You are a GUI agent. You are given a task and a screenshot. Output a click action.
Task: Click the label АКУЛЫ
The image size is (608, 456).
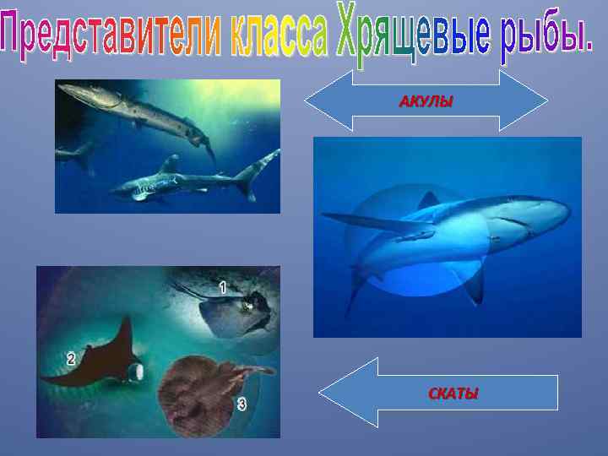426,102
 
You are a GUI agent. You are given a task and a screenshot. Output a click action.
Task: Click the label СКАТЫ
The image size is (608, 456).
453,394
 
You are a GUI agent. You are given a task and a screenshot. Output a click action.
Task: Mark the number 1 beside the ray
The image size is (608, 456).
222,288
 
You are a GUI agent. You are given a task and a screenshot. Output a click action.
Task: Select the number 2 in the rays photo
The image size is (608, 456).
72,359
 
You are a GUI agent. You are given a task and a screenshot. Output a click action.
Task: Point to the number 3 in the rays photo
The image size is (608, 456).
242,404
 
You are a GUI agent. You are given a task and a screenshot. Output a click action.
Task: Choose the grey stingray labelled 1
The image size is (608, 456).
236,312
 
